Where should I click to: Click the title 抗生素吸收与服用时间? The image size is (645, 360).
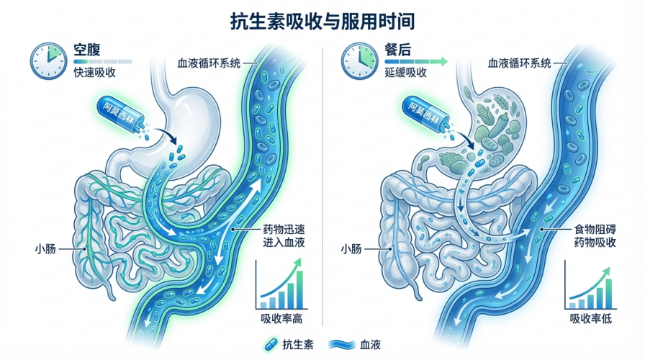pyautogui.click(x=322, y=21)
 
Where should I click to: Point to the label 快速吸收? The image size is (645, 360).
pyautogui.click(x=95, y=73)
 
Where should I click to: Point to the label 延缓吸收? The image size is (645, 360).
pyautogui.click(x=406, y=73)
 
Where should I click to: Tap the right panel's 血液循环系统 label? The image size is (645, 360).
pyautogui.click(x=520, y=63)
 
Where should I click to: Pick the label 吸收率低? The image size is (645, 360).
pyautogui.click(x=591, y=318)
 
